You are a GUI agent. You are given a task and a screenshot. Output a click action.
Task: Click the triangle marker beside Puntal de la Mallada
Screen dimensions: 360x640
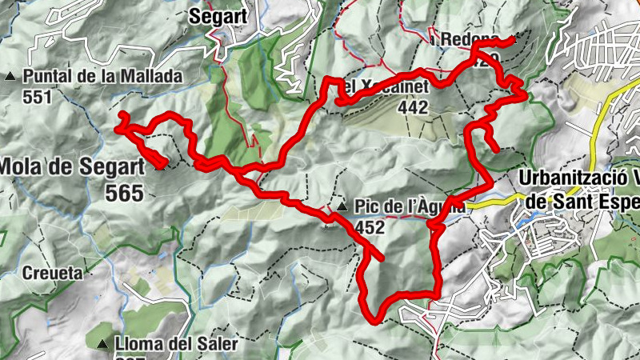tap(10, 77)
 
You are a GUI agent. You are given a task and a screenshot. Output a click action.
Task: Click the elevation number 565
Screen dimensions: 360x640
tap(123, 193)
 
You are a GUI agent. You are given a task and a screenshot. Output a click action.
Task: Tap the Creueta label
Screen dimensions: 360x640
tap(52, 273)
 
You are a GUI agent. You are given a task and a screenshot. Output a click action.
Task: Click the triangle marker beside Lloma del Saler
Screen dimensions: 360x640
tap(102, 345)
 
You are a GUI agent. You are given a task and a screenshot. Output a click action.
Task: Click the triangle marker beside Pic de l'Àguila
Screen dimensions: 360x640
tap(342, 208)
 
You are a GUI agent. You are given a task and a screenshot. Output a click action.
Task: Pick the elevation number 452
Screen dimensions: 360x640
tap(371, 227)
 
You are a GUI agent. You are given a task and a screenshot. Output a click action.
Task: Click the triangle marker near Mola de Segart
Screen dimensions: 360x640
tap(161, 166)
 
